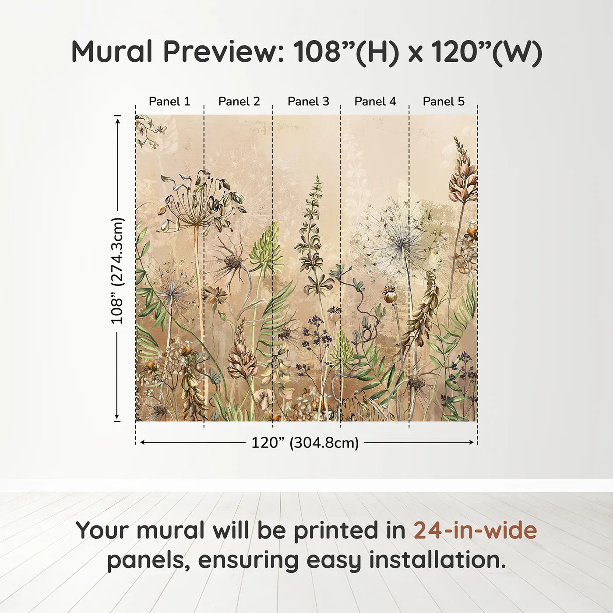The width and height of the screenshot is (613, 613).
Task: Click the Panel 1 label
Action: click(169, 101)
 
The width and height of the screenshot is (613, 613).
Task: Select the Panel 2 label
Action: click(239, 101)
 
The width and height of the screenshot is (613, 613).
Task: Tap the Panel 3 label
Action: click(308, 101)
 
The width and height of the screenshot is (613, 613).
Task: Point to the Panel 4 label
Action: click(375, 101)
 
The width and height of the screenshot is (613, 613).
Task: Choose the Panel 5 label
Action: click(444, 101)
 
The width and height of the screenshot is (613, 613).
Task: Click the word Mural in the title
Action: click(112, 52)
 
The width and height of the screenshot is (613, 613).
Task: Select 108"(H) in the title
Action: click(346, 52)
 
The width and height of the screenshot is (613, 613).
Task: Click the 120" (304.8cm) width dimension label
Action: click(305, 443)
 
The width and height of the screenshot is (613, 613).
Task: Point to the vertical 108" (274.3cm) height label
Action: click(117, 271)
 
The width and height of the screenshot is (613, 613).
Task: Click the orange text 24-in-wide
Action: click(475, 530)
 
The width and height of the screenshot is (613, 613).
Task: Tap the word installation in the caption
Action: click(437, 560)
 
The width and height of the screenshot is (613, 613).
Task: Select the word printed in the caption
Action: click(336, 530)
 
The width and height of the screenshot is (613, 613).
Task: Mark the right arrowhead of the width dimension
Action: click(472, 442)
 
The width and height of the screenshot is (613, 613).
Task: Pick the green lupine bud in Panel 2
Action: click(266, 247)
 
